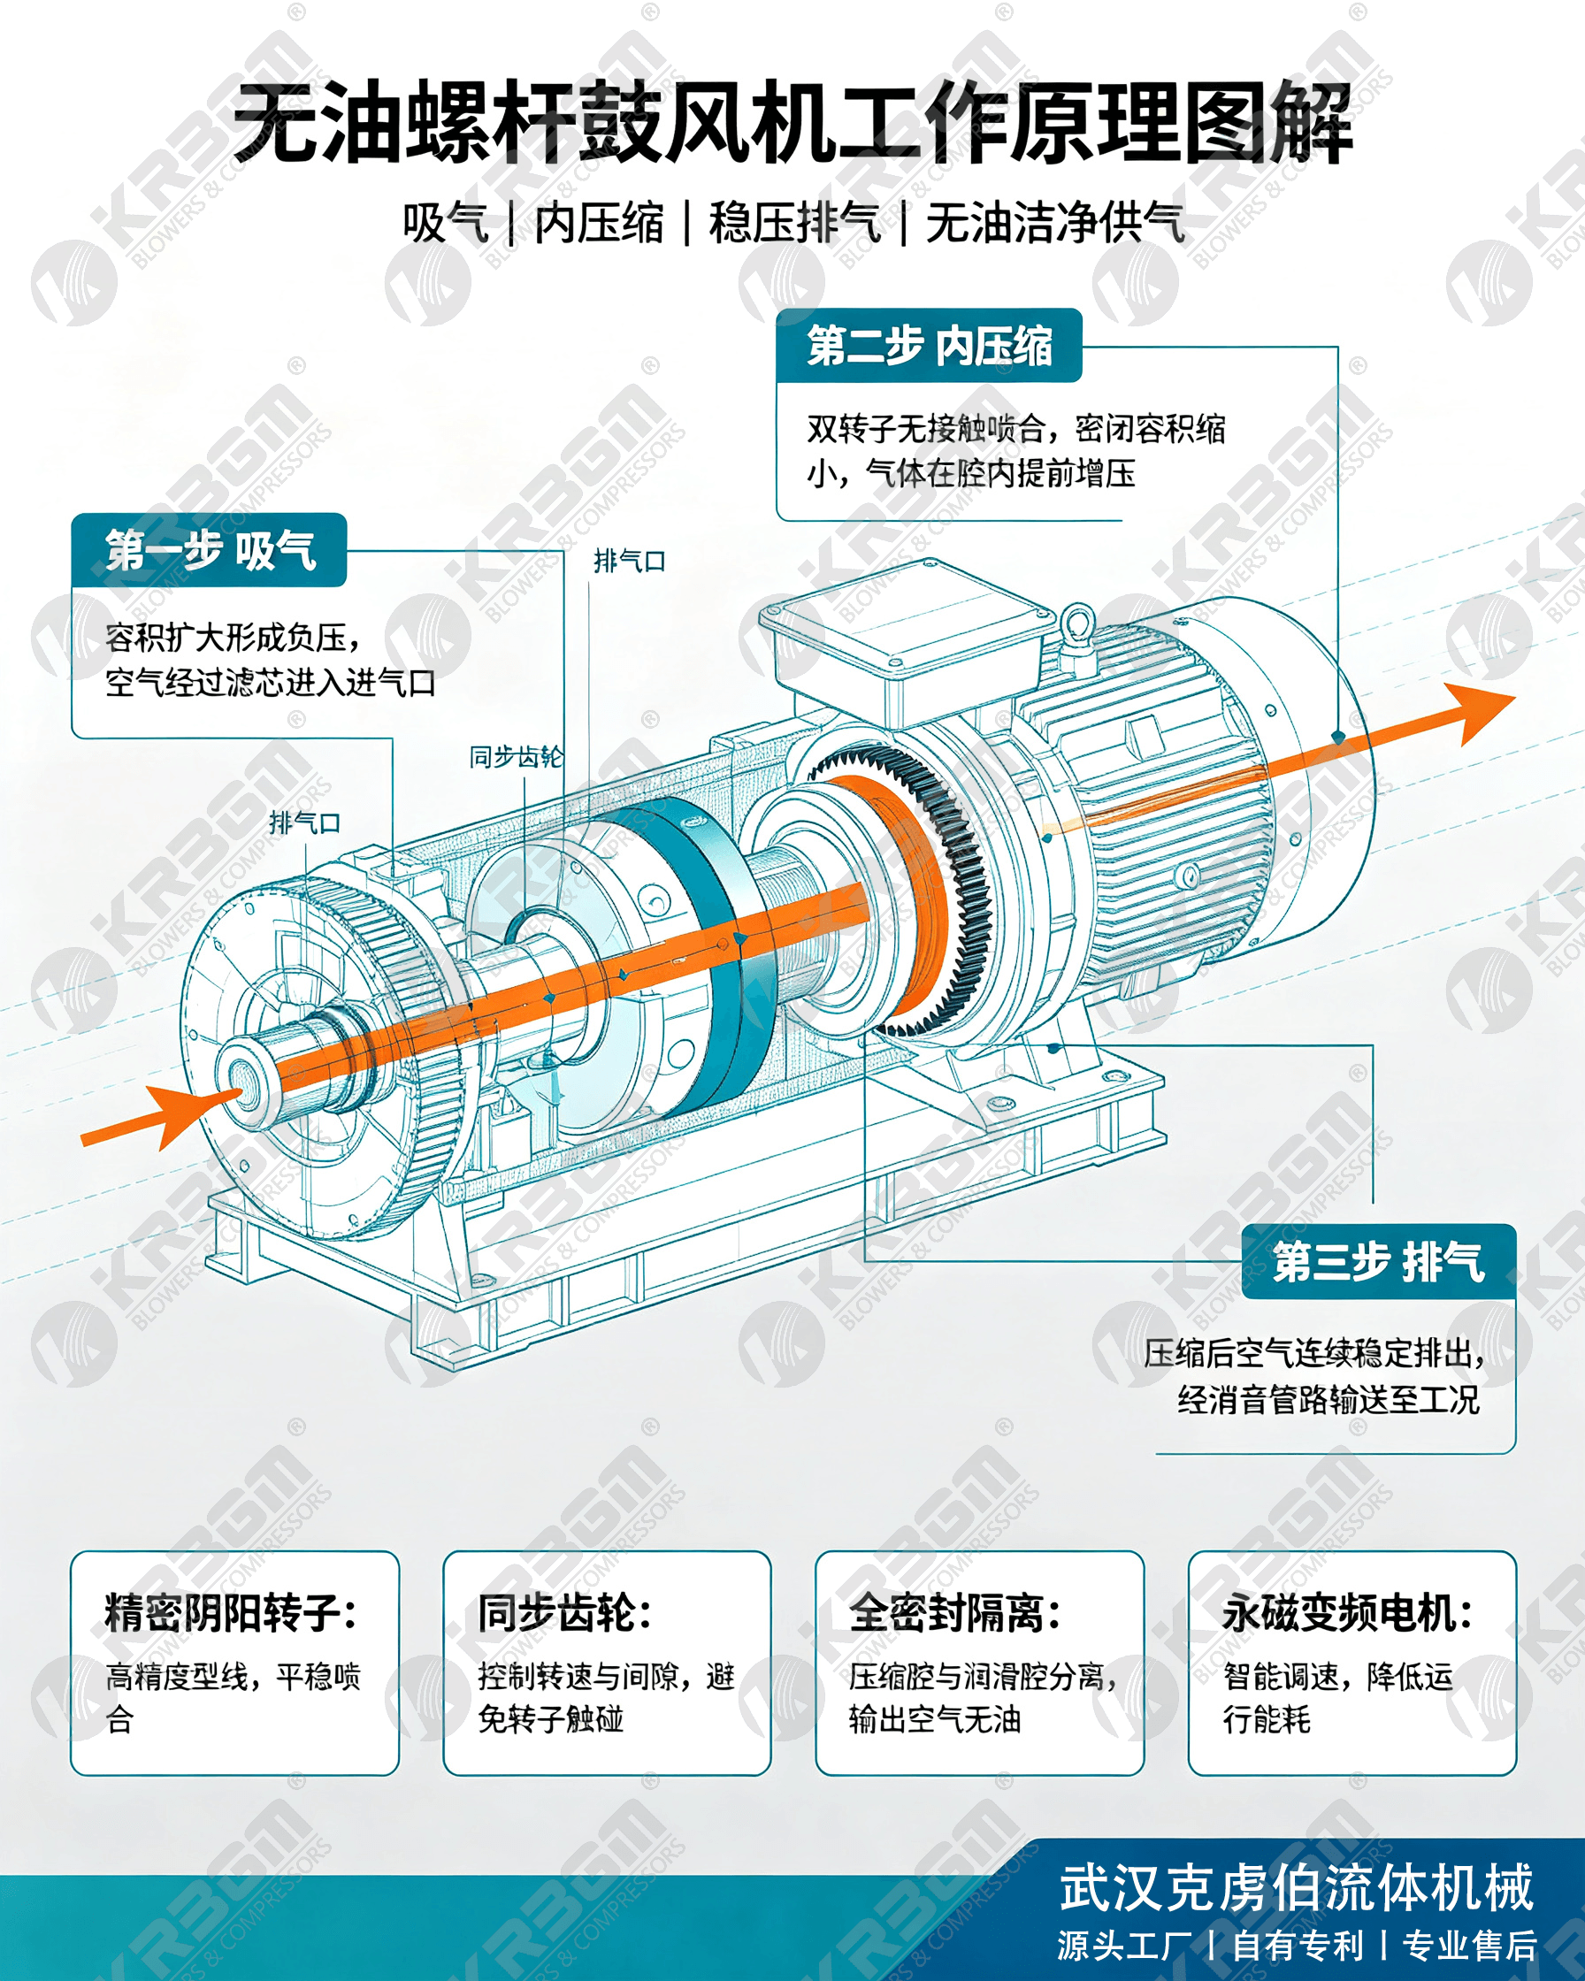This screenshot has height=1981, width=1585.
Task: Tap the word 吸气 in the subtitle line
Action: [446, 223]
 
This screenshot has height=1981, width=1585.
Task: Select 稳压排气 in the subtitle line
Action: [795, 223]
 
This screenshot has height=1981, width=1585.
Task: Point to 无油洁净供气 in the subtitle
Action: [1055, 223]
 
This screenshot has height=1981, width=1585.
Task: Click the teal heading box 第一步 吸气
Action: [210, 550]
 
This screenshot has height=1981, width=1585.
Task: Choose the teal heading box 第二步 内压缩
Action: [929, 346]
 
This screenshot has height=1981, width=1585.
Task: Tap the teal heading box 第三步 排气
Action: [1378, 1261]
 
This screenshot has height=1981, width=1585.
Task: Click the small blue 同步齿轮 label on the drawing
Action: [517, 756]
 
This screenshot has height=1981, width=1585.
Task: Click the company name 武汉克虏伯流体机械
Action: [1297, 1887]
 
